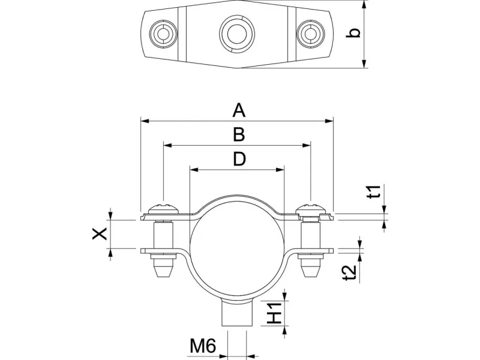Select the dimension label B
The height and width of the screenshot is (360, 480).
tap(238, 134)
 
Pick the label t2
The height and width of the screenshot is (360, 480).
tap(353, 270)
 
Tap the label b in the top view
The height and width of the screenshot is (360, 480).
tap(355, 33)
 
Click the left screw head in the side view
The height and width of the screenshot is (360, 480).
tap(163, 208)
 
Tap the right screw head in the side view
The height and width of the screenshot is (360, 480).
tap(311, 208)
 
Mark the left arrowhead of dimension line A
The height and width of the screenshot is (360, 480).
tap(143, 121)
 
